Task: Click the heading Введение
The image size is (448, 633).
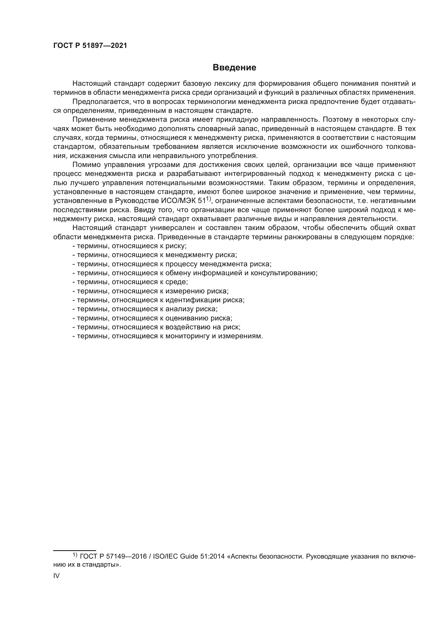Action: pos(234,68)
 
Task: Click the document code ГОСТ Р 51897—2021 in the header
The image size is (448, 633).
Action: pos(90,45)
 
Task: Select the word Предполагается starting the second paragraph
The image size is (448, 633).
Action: pos(101,102)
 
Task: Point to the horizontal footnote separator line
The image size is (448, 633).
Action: pos(74,550)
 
